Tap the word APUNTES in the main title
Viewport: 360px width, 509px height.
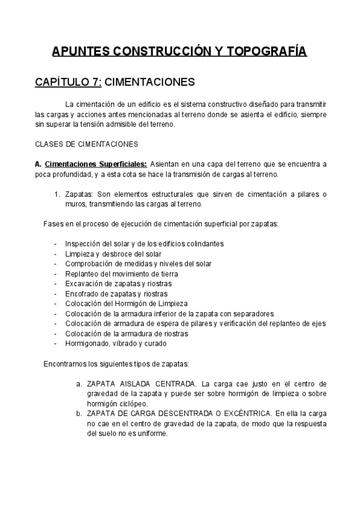[x=79, y=52]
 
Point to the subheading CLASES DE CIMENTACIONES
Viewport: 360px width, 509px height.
[x=87, y=144]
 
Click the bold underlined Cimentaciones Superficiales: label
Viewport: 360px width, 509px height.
[x=96, y=164]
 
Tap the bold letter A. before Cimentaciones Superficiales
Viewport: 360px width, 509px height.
[x=38, y=164]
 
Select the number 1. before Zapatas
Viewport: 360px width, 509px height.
[x=58, y=194]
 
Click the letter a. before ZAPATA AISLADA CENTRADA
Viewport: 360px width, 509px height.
[x=79, y=384]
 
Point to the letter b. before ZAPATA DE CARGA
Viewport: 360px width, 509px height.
[x=79, y=413]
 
